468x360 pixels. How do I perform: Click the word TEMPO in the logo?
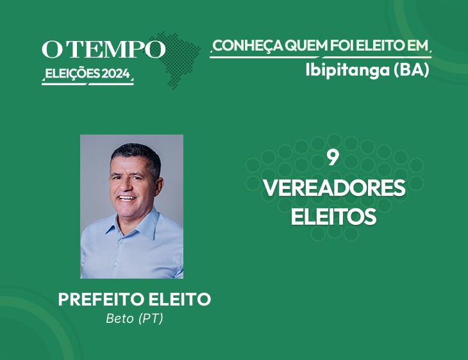pyautogui.click(x=117, y=49)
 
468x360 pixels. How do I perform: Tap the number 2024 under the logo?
pyautogui.click(x=116, y=74)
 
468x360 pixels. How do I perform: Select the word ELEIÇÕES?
pyautogui.click(x=72, y=74)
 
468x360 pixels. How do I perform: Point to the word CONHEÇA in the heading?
pyautogui.click(x=247, y=46)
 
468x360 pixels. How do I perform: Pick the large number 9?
pyautogui.click(x=333, y=158)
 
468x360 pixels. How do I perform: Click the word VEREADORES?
pyautogui.click(x=334, y=188)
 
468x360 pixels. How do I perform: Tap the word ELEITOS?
pyautogui.click(x=333, y=217)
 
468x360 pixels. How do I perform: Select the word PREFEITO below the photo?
pyautogui.click(x=102, y=299)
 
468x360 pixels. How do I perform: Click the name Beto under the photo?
pyautogui.click(x=120, y=318)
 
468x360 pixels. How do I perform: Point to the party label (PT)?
pyautogui.click(x=151, y=318)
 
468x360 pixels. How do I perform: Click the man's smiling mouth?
pyautogui.click(x=127, y=198)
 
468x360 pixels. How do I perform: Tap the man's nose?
pyautogui.click(x=126, y=186)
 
